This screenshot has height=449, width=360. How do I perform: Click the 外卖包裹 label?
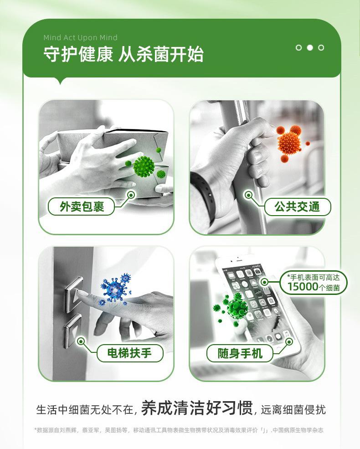[x=82, y=206]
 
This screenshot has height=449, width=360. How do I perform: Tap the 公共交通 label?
[x=297, y=206]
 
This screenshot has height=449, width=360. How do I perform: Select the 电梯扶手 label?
[x=129, y=353]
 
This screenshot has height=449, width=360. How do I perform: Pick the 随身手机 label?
[x=240, y=353]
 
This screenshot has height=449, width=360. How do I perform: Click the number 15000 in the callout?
[x=303, y=287]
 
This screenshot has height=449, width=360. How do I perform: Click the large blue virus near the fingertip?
[x=114, y=289]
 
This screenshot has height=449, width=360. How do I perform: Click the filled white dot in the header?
[x=309, y=47]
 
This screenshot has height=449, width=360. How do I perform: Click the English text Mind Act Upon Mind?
[x=80, y=37]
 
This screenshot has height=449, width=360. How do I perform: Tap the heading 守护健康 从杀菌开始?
[x=123, y=54]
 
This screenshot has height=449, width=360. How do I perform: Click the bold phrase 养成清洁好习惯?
[x=197, y=408]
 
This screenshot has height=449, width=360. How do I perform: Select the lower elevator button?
[x=73, y=330]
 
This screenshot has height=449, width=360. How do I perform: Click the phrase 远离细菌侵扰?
[x=293, y=409]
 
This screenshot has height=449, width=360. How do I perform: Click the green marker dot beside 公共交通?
[x=248, y=196]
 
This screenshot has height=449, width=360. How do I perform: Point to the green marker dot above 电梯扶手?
[x=81, y=341]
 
